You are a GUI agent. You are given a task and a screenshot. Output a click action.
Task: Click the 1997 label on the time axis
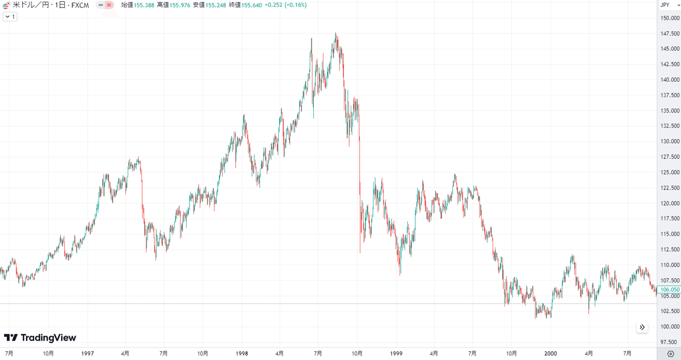(87, 353)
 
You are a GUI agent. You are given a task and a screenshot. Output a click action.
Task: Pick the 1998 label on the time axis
(242, 353)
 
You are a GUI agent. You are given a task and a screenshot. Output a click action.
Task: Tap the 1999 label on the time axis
(396, 353)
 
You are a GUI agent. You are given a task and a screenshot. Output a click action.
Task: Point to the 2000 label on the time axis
(550, 353)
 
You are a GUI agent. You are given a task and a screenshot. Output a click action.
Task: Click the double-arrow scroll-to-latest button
(642, 327)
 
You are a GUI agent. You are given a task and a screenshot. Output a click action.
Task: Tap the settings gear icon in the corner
(670, 353)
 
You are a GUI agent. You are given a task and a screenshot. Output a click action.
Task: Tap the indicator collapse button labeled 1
(10, 17)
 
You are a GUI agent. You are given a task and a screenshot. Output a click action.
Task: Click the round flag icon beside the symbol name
(6, 5)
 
